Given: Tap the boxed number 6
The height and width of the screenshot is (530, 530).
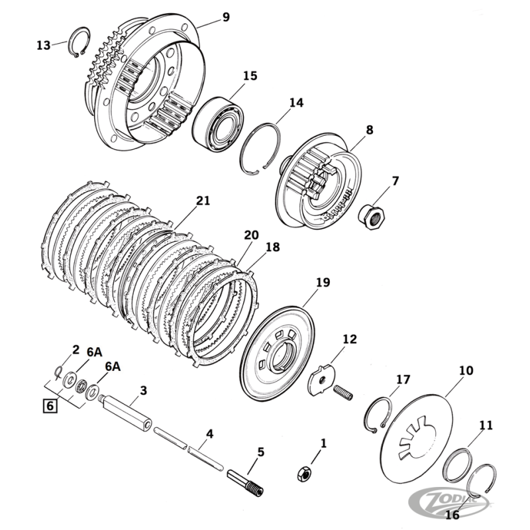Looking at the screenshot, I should point(49,405).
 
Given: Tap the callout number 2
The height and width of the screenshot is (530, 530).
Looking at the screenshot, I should point(76,349).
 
